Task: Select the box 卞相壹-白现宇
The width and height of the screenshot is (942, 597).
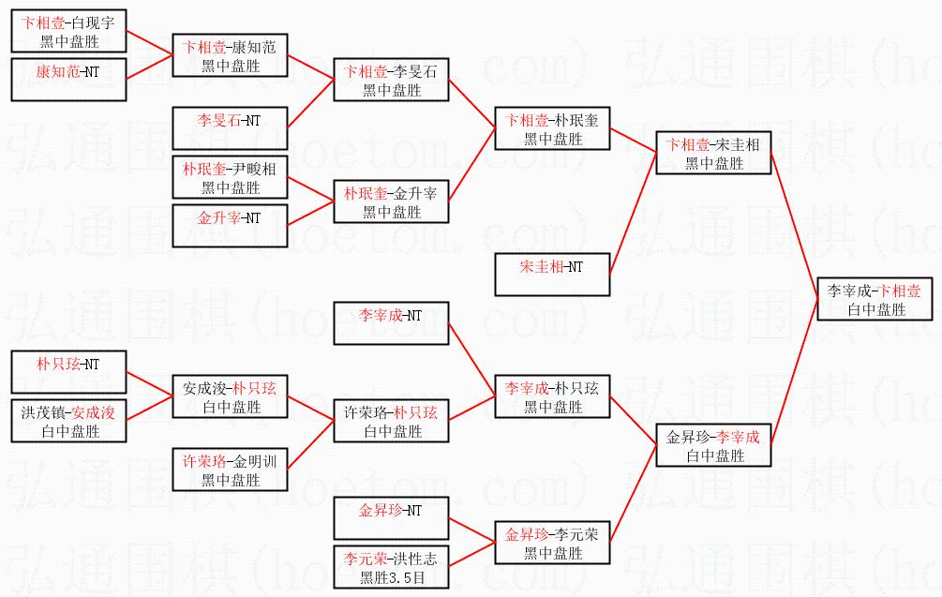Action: [x=69, y=31]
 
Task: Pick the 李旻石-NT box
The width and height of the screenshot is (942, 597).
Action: [x=230, y=128]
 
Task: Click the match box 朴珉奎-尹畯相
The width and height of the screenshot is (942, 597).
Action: [x=230, y=177]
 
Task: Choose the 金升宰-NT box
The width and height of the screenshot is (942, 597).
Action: [x=230, y=226]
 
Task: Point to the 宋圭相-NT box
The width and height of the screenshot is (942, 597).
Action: [x=552, y=275]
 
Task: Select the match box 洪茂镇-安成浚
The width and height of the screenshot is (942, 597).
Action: [x=69, y=421]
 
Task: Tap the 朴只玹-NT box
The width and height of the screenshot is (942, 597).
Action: [x=69, y=372]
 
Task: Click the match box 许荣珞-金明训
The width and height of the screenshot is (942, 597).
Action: [x=230, y=470]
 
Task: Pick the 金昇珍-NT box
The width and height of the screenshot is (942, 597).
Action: [x=392, y=518]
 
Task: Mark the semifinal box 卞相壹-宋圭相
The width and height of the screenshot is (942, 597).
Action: [x=713, y=153]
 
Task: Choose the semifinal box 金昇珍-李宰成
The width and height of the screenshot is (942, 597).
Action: [x=713, y=445]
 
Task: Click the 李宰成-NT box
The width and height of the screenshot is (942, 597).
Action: [x=392, y=323]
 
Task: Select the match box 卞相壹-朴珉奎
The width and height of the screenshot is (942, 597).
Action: [x=552, y=128]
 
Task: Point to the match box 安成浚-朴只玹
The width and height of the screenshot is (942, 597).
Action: [x=230, y=396]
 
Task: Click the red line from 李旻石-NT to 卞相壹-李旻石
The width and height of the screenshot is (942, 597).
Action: [x=310, y=104]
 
